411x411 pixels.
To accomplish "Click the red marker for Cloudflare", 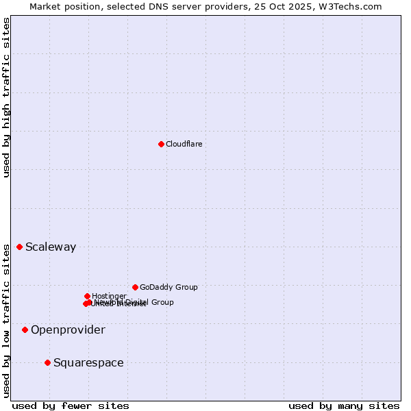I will tap(161, 144).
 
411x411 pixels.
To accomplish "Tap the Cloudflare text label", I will tap(184, 144).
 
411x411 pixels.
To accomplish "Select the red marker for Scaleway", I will tap(19, 247).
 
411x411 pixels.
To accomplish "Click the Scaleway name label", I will tap(51, 247).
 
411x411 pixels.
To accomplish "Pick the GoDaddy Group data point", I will tap(135, 287).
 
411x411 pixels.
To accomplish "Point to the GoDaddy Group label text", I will tap(169, 287).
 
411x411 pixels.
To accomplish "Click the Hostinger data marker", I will tap(87, 296).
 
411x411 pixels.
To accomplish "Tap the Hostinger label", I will tap(109, 296).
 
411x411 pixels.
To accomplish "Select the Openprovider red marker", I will tap(25, 329).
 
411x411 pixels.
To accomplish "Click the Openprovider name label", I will tap(68, 330).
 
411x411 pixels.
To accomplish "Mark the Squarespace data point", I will tap(47, 362).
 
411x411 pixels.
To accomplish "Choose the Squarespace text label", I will tap(88, 363).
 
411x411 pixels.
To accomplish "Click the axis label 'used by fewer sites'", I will tap(71, 406).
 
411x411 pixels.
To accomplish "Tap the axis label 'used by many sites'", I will tap(344, 406).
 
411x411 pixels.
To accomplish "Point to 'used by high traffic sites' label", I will tap(6, 97).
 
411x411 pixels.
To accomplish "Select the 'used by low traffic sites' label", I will tap(6, 321).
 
